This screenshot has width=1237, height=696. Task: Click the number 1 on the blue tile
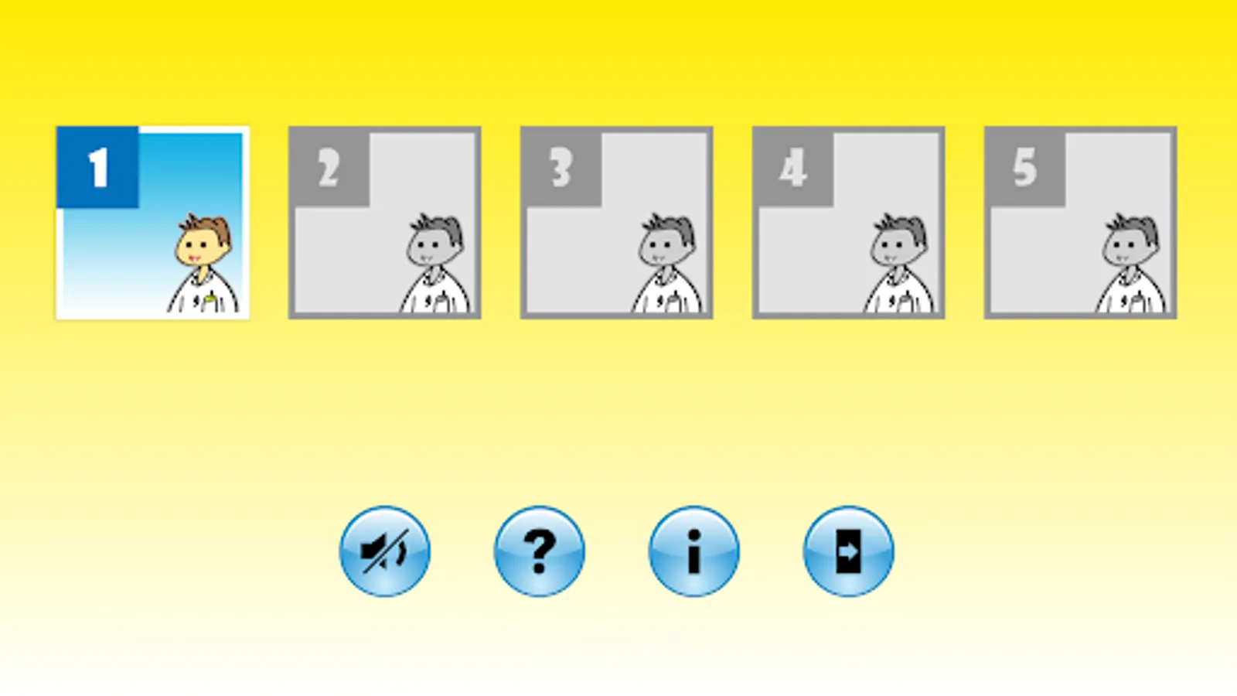click(x=99, y=167)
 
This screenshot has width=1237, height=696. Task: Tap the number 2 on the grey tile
click(x=329, y=168)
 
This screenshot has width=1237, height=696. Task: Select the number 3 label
click(x=561, y=168)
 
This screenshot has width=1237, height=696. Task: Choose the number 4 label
click(x=793, y=168)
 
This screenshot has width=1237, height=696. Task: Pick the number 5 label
click(x=1025, y=168)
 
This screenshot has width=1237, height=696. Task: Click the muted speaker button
click(x=385, y=551)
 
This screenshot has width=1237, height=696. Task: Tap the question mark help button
click(x=540, y=551)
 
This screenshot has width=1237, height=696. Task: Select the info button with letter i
click(x=694, y=551)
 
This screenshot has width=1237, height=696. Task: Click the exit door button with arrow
click(x=849, y=551)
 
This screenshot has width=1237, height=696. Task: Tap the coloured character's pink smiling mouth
click(x=194, y=258)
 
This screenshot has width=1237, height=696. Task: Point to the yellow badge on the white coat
click(x=210, y=300)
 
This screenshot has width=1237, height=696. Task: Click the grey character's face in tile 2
click(x=431, y=247)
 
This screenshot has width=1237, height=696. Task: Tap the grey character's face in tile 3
click(x=663, y=247)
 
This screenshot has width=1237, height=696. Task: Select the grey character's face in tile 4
click(x=895, y=247)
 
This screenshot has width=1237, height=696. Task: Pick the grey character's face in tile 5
click(x=1127, y=247)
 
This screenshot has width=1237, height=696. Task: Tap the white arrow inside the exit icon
click(x=847, y=551)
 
